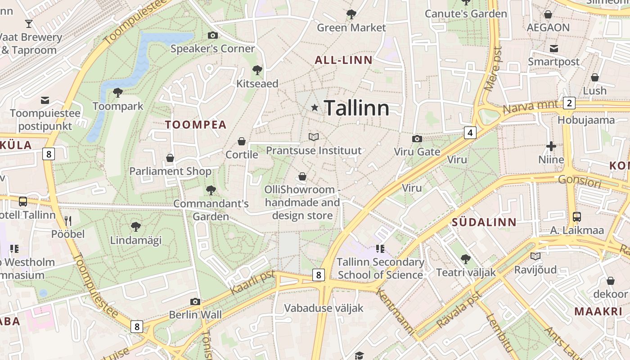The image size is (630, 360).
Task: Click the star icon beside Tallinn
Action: point(315,108)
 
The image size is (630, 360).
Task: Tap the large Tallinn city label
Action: point(356,108)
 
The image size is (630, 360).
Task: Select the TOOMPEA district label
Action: point(196,125)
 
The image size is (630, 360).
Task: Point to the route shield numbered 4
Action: point(470,133)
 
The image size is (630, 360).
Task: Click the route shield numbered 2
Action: point(569,103)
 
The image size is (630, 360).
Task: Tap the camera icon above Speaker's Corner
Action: point(212,35)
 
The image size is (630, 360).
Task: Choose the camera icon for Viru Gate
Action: point(417,139)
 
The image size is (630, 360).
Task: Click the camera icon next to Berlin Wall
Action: point(195,301)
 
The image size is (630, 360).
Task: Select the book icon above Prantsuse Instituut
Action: point(314,137)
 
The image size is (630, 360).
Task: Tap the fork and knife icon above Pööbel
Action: point(68,220)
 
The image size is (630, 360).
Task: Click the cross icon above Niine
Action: point(551,146)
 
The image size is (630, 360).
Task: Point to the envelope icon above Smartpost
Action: point(553,48)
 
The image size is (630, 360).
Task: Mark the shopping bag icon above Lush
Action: point(595,77)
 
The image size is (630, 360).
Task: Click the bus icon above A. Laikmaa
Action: point(577,217)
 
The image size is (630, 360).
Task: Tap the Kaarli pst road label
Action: point(252,283)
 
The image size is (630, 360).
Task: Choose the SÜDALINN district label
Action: point(484,222)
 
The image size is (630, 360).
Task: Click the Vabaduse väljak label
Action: point(324,308)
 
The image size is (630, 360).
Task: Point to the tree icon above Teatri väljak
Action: point(466,259)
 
